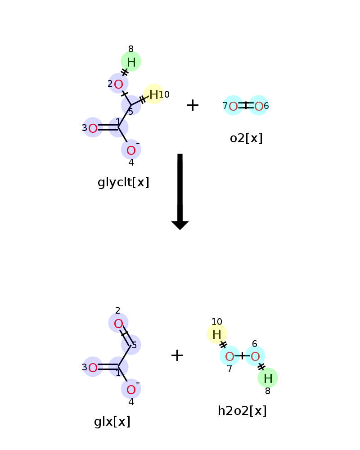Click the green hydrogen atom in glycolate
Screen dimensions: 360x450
coord(131,61)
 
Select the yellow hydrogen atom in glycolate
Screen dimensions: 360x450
coord(153,94)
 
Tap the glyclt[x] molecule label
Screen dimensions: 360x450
coord(123,182)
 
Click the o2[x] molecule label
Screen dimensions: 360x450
coord(246,138)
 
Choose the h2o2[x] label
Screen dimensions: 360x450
coord(242,411)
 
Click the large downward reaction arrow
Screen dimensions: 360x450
coord(180,192)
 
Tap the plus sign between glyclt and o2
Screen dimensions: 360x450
coord(193,105)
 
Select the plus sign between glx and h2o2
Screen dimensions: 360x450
coord(177,355)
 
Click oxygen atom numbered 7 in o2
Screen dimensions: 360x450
coord(233,106)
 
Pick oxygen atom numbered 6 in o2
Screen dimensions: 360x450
coord(258,106)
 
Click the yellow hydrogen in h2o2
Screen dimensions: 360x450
coord(217,334)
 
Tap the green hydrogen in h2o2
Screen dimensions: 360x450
coord(268,378)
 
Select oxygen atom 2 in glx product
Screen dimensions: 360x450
coord(118,323)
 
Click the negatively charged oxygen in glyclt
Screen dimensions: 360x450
coord(131,149)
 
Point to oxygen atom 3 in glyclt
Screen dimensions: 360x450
coord(93,128)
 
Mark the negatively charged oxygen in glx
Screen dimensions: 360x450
coord(131,389)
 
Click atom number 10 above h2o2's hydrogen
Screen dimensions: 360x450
coord(217,322)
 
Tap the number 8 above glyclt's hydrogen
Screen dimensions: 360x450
coord(131,49)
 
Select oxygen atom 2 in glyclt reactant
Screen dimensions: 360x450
coord(118,84)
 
